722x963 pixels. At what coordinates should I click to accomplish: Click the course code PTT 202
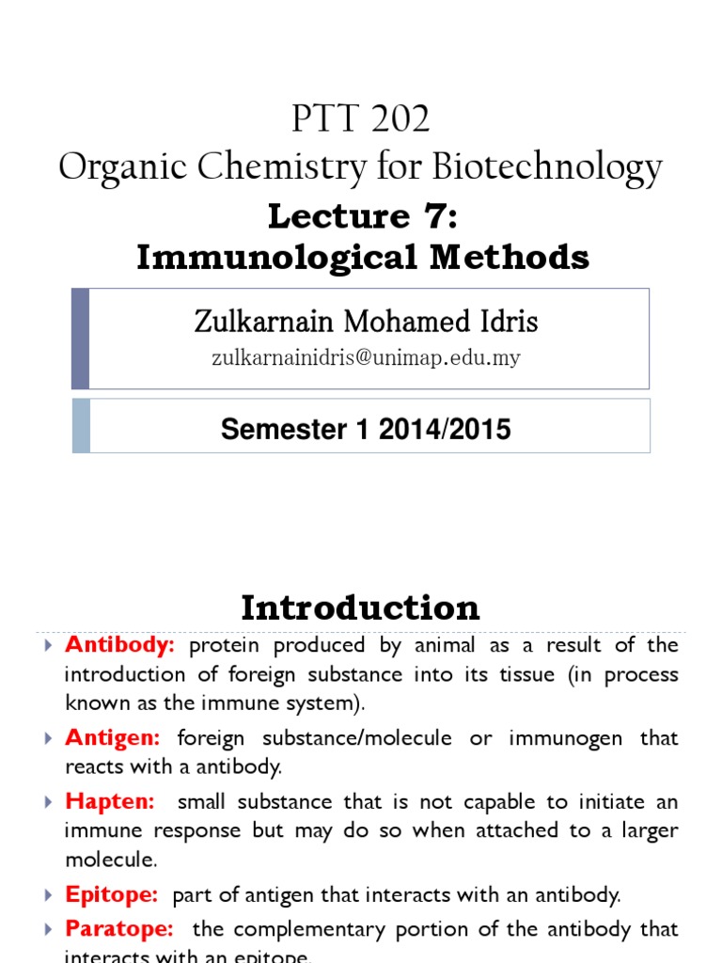361,119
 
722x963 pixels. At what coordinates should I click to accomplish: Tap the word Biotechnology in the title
547,168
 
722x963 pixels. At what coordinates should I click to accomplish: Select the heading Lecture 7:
362,216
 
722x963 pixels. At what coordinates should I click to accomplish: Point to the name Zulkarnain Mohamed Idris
366,322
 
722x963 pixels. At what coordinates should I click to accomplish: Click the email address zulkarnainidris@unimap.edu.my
366,358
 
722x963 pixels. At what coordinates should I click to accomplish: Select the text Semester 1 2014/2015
366,430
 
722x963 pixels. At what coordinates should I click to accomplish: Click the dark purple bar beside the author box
81,339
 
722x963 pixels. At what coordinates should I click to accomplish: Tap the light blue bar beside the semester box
81,426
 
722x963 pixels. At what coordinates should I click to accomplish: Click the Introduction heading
360,608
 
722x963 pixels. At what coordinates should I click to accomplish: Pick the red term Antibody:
120,646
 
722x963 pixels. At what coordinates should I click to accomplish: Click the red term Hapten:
109,802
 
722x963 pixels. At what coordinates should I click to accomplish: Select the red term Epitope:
111,895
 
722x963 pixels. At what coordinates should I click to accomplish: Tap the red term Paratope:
119,929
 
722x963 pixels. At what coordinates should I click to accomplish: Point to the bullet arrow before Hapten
49,803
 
